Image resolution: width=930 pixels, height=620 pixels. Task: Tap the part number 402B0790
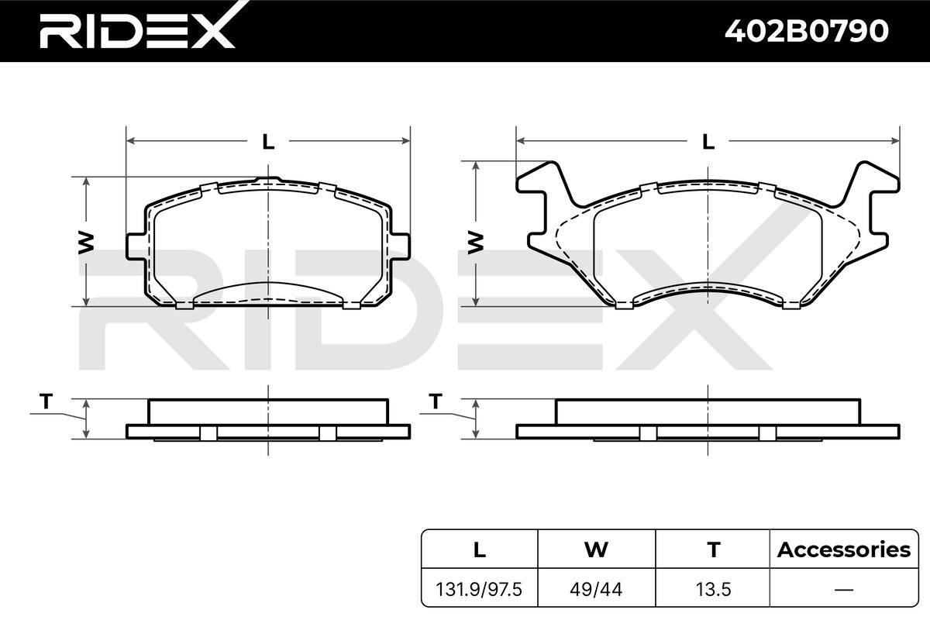tap(806, 31)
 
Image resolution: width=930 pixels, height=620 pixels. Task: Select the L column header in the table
tap(480, 549)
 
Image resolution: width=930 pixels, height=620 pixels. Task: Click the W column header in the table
tap(596, 549)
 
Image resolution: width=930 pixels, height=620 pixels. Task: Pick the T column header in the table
tap(713, 549)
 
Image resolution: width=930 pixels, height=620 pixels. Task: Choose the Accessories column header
tap(844, 549)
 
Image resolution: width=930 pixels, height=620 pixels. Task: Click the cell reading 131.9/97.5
tap(479, 590)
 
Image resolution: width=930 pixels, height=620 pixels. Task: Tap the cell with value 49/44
tap(596, 590)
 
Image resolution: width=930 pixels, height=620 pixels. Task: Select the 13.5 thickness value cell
tap(713, 590)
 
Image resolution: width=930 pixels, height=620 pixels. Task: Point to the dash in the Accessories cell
tap(844, 590)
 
